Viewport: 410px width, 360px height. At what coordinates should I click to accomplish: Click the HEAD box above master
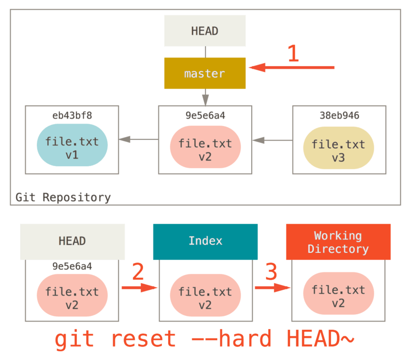pos(204,31)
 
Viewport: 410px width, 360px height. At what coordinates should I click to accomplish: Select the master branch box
pos(204,73)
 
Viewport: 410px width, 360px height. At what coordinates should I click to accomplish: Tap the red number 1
pos(293,54)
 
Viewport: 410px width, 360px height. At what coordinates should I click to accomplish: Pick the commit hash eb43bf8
pos(72,115)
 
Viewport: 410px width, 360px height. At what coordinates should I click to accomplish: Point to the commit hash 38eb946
pos(339,115)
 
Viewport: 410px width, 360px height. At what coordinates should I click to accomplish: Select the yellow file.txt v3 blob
pos(338,150)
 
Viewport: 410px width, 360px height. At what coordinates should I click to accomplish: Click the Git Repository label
pos(63,197)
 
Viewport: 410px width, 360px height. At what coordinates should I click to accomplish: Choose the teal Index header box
pos(205,241)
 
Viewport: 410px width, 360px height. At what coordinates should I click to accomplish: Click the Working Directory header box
pos(338,242)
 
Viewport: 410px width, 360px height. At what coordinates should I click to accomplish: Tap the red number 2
pos(138,272)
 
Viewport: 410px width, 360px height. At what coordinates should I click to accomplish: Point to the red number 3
pos(271,272)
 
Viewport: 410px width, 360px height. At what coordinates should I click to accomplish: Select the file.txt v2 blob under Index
pos(204,298)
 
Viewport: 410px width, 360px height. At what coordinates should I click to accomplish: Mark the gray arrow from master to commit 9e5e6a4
pos(205,97)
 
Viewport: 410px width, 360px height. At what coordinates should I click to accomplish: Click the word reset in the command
pos(143,339)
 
